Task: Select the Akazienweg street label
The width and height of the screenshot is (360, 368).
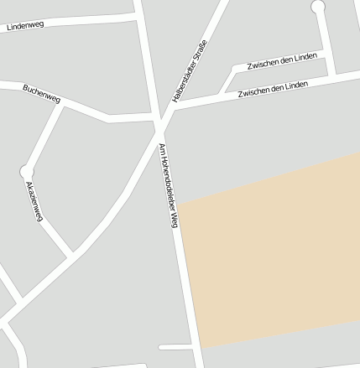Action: pos(34,200)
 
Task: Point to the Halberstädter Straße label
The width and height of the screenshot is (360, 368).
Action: pos(190,70)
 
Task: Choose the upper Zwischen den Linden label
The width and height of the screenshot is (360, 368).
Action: pos(282,61)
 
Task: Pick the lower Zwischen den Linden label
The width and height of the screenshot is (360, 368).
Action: pos(273,89)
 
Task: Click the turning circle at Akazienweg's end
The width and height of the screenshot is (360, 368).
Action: pos(27,171)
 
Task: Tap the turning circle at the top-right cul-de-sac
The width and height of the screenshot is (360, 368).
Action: pos(317,7)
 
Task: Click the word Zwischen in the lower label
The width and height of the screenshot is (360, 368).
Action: pos(251,92)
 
